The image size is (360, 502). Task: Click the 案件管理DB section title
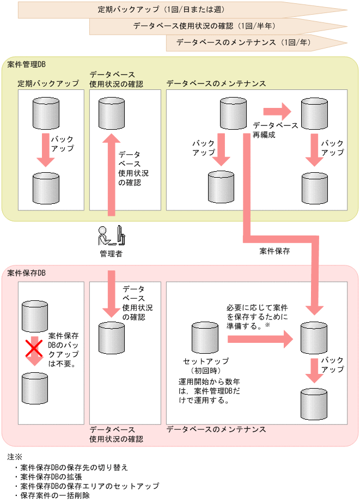27,64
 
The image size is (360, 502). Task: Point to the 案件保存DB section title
27,273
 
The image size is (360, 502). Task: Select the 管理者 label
111,253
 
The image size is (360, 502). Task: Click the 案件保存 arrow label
275,252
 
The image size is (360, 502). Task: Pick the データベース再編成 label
275,129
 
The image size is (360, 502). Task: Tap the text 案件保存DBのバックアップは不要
63,349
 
